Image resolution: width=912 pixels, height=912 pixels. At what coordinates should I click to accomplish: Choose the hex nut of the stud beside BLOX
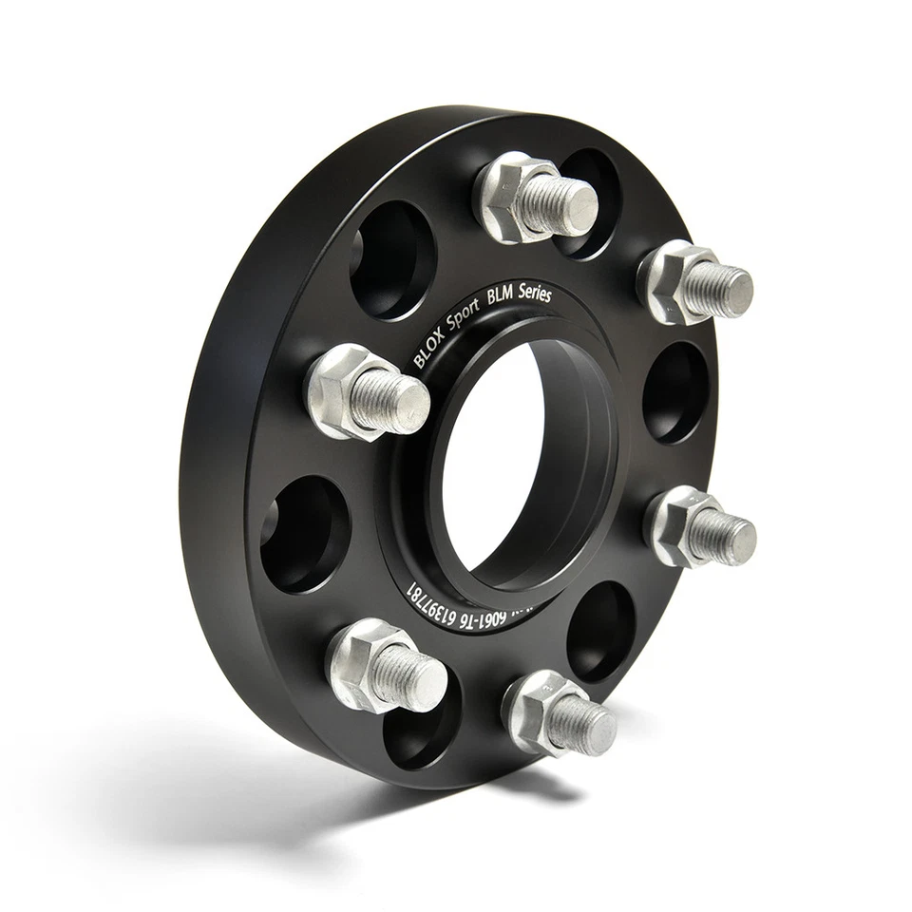click(x=337, y=389)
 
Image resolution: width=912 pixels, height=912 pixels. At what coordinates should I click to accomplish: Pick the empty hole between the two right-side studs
click(x=675, y=391)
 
